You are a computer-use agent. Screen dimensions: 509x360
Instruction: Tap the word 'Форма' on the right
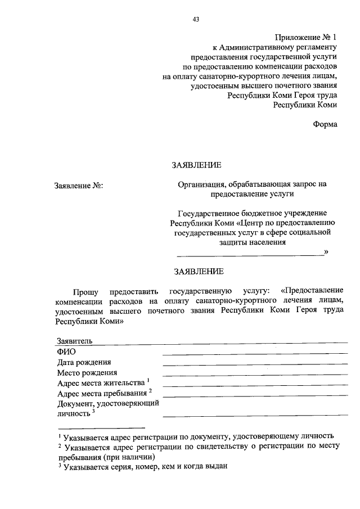click(x=325, y=124)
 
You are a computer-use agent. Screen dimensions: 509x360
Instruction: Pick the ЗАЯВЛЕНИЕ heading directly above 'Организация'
click(x=196, y=165)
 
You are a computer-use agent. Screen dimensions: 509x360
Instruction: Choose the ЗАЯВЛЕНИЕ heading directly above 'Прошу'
click(x=199, y=271)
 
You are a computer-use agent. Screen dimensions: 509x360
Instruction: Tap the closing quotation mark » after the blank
click(x=326, y=253)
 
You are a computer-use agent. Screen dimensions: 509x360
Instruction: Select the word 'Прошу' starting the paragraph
click(x=85, y=292)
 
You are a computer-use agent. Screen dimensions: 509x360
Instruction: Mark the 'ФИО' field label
click(x=66, y=352)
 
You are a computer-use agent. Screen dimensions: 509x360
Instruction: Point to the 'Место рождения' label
click(x=87, y=372)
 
